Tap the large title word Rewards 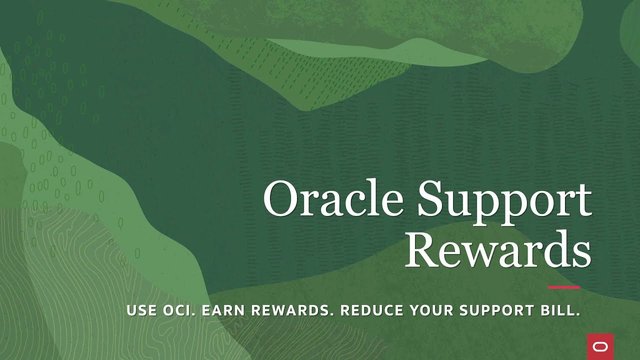tap(497, 250)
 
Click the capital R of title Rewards tap(421, 250)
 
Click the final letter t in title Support tap(584, 202)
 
